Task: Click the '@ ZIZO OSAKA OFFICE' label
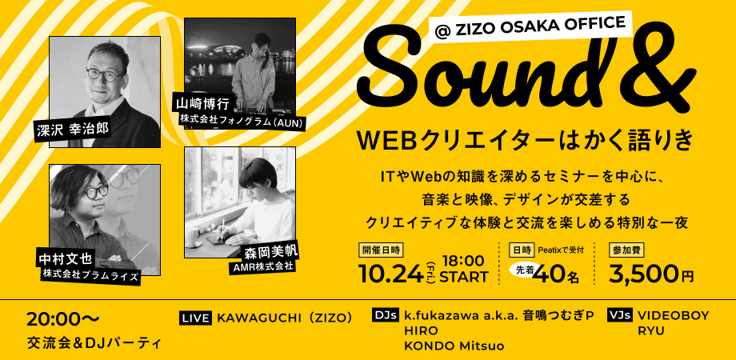tap(530, 29)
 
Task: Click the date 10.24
tap(390, 274)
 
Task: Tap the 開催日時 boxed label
tap(381, 250)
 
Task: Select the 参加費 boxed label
tap(626, 250)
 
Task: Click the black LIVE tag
tap(196, 318)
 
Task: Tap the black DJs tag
tap(386, 315)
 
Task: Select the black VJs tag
tap(619, 315)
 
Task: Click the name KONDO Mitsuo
tap(454, 346)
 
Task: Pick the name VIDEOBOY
tap(673, 315)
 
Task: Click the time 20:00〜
tap(63, 319)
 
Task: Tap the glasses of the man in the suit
tap(106, 74)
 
